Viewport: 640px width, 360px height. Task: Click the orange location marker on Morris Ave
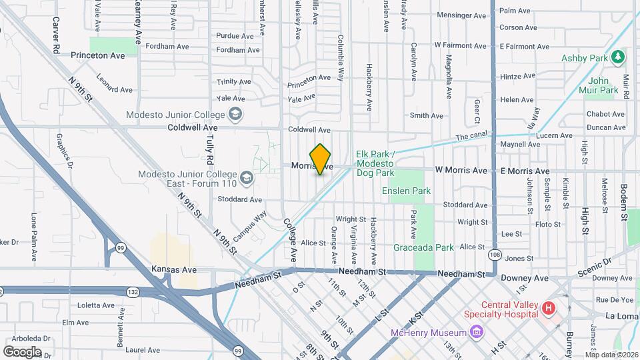pyautogui.click(x=321, y=159)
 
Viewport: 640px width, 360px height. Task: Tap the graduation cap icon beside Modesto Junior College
pyautogui.click(x=235, y=114)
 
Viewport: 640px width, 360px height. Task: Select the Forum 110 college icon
pyautogui.click(x=247, y=177)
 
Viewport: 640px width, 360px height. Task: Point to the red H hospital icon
pyautogui.click(x=549, y=308)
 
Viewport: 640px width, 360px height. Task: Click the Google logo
pyautogui.click(x=21, y=351)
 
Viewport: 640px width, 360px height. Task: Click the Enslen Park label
pyautogui.click(x=406, y=191)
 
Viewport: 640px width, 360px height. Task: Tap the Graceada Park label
pyautogui.click(x=427, y=247)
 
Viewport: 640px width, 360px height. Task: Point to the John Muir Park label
pyautogui.click(x=603, y=85)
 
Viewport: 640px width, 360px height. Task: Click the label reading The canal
pyautogui.click(x=471, y=137)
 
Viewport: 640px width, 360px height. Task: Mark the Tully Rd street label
pyautogui.click(x=210, y=149)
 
